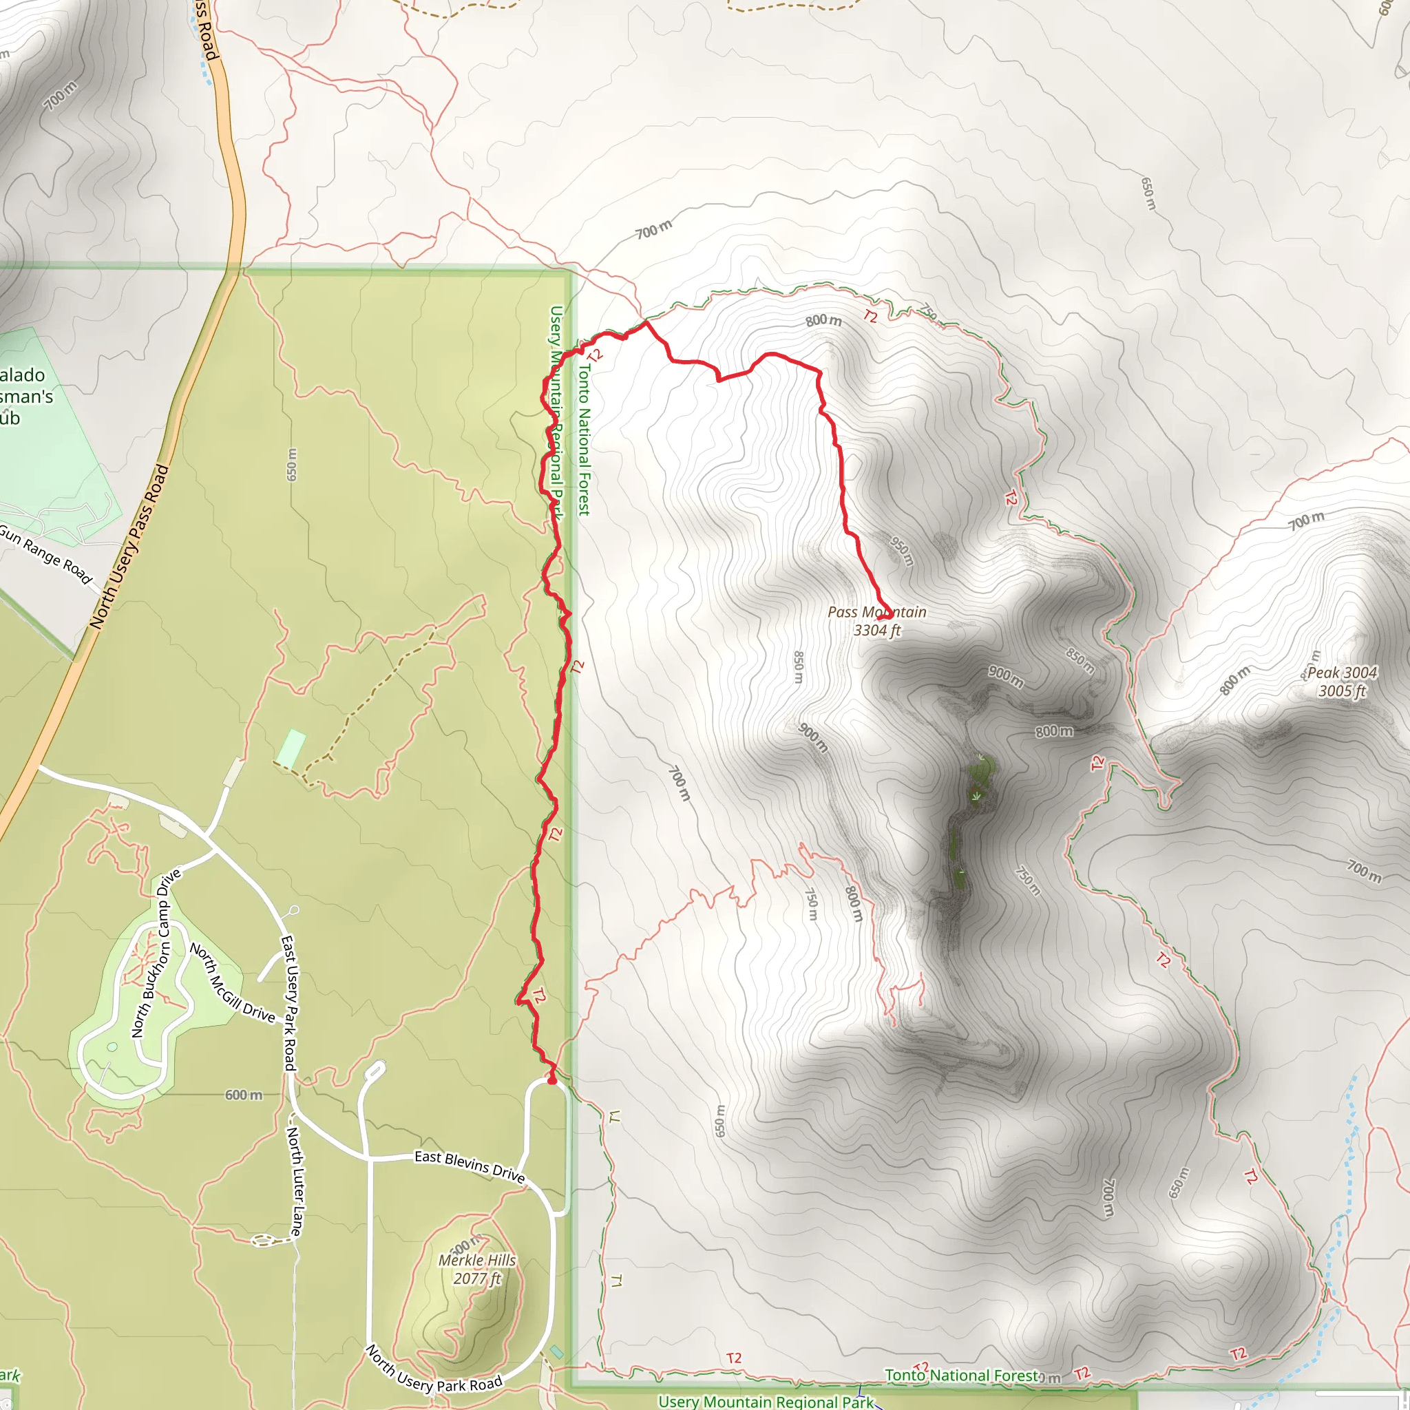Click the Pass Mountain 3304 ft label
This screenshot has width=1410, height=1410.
(876, 621)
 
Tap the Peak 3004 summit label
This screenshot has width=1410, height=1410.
(1342, 682)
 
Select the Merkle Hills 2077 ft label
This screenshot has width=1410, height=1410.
(476, 1269)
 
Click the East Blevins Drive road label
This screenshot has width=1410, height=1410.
(470, 1166)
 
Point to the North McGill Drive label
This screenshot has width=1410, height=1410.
(232, 984)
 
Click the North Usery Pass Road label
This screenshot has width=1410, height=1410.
(129, 547)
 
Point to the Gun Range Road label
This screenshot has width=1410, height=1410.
(45, 554)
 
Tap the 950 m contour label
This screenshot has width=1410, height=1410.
(902, 551)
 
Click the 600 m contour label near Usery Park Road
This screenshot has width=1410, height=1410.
(243, 1095)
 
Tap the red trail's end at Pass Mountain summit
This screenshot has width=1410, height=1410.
(886, 618)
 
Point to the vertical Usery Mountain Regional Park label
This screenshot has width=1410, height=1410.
(557, 412)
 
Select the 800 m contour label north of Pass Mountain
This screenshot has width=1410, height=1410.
(823, 320)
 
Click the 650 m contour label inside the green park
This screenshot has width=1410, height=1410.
(292, 465)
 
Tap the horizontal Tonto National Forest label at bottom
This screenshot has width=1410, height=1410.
(961, 1375)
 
